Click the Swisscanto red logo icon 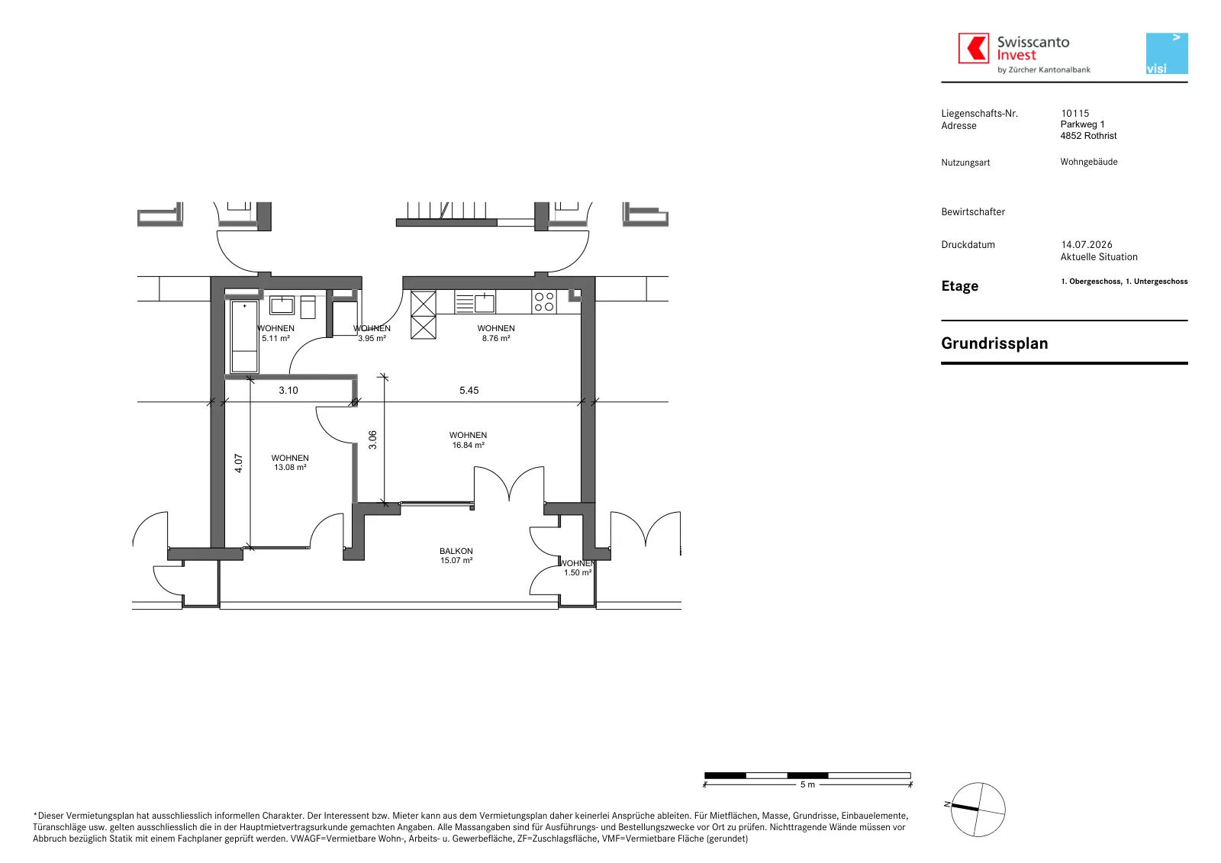974,48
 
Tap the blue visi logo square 1167,53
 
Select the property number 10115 1075,114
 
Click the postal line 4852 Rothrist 1088,136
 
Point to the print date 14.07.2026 1087,245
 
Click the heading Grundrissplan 994,343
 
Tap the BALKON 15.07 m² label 456,555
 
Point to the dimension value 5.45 469,391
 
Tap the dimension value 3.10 288,391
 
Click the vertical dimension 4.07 238,463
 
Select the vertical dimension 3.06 372,440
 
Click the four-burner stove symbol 544,302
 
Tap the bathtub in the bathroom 244,337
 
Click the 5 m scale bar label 807,784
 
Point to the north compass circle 978,809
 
